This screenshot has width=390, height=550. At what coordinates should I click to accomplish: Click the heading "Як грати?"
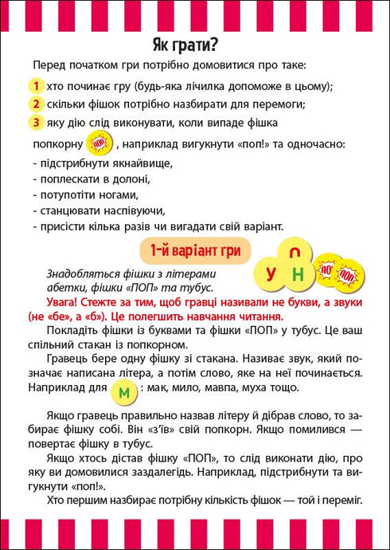point(195,44)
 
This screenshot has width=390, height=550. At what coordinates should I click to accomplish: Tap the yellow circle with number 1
point(36,86)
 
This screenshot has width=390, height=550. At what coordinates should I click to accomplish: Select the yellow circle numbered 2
point(36,104)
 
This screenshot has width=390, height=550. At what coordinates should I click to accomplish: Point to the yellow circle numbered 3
point(36,122)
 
